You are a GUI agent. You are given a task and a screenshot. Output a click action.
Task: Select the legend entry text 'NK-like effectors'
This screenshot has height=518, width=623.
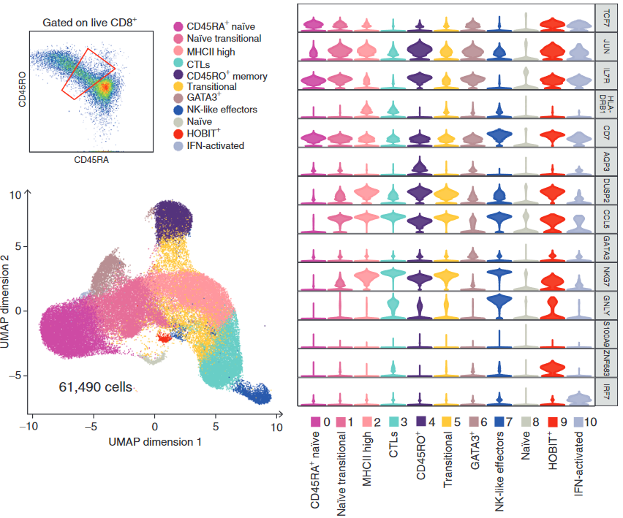click(222, 110)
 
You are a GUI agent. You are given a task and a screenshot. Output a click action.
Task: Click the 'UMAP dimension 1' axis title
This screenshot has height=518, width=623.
click(154, 442)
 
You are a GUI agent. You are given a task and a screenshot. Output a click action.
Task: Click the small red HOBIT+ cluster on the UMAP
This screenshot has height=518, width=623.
click(164, 338)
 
